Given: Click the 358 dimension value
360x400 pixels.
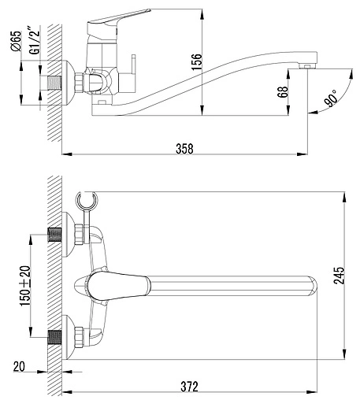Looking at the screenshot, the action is pyautogui.click(x=184, y=149).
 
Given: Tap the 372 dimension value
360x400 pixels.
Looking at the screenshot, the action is pyautogui.click(x=189, y=387).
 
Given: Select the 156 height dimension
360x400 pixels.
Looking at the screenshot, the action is pyautogui.click(x=196, y=62).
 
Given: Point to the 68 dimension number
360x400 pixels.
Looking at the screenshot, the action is pyautogui.click(x=283, y=92).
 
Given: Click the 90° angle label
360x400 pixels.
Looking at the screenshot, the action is pyautogui.click(x=331, y=98).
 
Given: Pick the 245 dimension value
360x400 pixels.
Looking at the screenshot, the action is pyautogui.click(x=339, y=276).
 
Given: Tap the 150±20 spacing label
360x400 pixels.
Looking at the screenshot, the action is pyautogui.click(x=25, y=286).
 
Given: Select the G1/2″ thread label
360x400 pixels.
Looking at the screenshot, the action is pyautogui.click(x=35, y=40).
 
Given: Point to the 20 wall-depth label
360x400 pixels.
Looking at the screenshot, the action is pyautogui.click(x=19, y=367).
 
